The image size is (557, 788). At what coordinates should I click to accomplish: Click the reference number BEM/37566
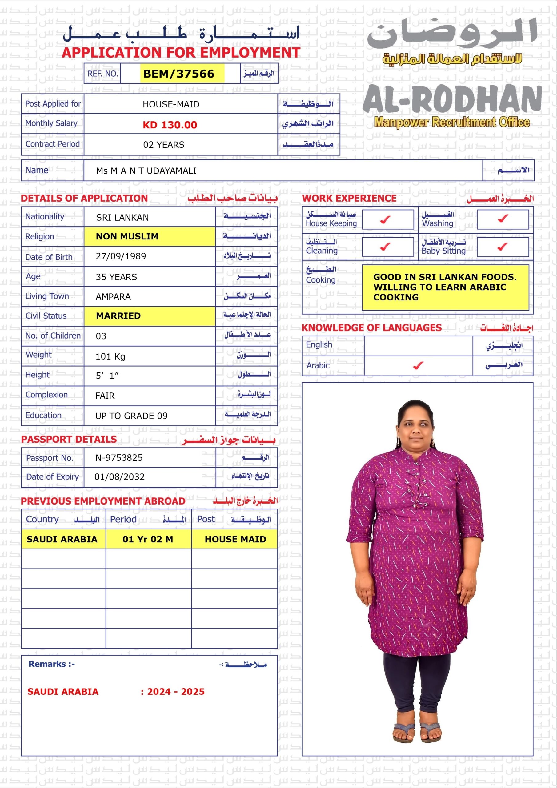coord(178,74)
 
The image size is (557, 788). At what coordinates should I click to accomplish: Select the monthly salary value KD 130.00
coord(170,125)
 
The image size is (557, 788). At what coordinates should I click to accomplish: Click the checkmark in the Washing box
coord(503,218)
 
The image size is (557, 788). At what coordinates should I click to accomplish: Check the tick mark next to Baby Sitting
coord(503,247)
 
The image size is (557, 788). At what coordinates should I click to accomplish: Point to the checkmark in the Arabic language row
coord(418,366)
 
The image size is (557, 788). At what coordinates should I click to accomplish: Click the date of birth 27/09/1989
coord(121,256)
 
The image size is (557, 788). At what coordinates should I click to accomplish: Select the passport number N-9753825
coord(119,457)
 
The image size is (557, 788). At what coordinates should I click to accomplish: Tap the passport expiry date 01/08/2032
coord(119,477)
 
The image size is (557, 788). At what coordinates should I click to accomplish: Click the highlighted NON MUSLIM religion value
coord(127,236)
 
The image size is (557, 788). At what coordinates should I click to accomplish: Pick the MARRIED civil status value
coord(118,316)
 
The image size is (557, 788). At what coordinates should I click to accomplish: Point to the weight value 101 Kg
coord(110,356)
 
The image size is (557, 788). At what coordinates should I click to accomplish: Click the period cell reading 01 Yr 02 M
coord(148,539)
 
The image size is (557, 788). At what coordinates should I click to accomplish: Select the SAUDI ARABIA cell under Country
coord(62,539)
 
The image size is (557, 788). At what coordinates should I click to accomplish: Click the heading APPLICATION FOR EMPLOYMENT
coord(181,53)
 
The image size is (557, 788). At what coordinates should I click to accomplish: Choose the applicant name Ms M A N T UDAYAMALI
coord(146,171)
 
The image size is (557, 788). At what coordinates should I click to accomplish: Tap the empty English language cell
coord(418,346)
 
